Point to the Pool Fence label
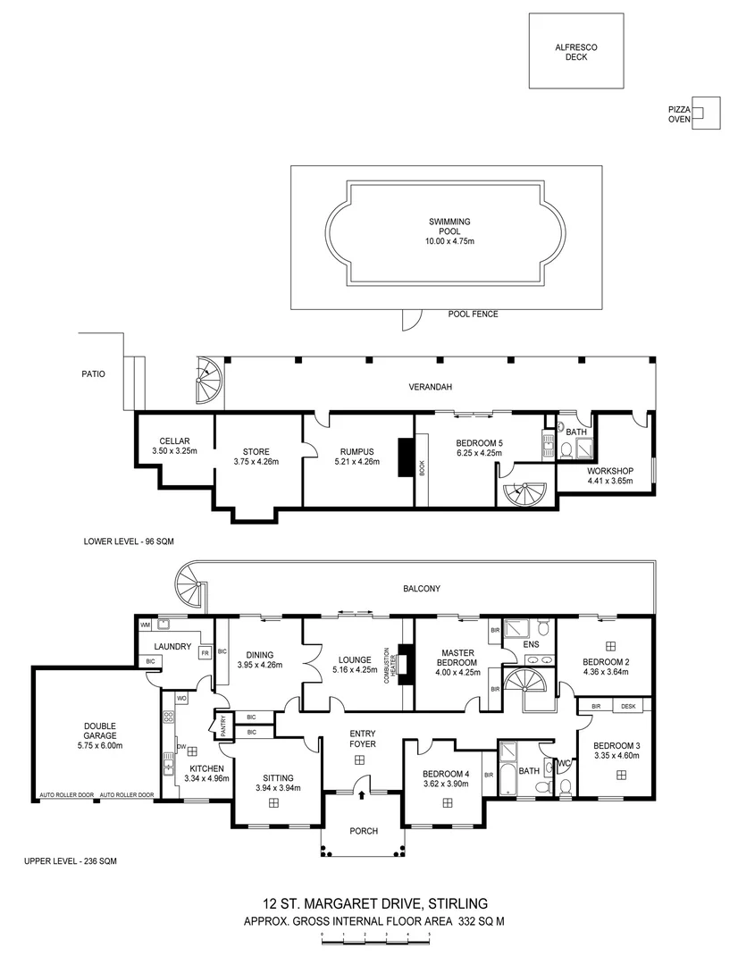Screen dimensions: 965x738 (473, 315)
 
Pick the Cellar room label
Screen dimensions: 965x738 (174, 446)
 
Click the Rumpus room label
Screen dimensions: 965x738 (355, 457)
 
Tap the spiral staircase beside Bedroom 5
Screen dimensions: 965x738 (524, 491)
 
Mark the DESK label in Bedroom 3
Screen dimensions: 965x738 (629, 706)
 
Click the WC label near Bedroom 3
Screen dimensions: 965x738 (563, 764)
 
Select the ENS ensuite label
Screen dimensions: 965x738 (532, 644)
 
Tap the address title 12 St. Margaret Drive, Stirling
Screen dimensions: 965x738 (375, 903)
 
